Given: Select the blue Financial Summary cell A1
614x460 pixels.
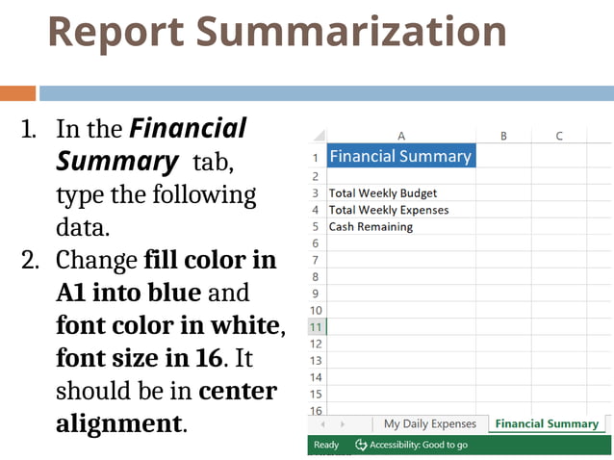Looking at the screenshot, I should coord(400,156).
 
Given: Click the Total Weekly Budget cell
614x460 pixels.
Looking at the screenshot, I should coord(383,193).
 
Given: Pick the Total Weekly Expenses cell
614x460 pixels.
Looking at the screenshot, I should coord(389,210).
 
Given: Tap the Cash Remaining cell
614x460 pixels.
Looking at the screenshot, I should coord(371,227).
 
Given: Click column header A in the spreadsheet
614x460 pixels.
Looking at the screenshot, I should coord(400,136).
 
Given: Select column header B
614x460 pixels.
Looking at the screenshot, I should coord(502,136).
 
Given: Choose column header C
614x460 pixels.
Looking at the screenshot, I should coord(558,136).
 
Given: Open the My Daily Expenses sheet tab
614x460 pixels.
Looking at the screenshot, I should coord(429,423).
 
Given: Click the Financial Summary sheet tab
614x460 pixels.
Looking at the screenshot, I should coord(546,423).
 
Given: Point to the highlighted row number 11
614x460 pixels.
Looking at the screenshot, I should coord(316,327).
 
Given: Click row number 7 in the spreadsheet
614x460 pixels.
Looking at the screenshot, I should coord(316,261).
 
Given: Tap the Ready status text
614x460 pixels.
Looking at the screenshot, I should coord(326,445).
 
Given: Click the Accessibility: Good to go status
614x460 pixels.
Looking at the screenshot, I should coord(411,445).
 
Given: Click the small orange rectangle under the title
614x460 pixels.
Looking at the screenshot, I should coord(17,93).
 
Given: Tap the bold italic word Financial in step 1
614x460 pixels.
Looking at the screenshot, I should coord(188,128).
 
